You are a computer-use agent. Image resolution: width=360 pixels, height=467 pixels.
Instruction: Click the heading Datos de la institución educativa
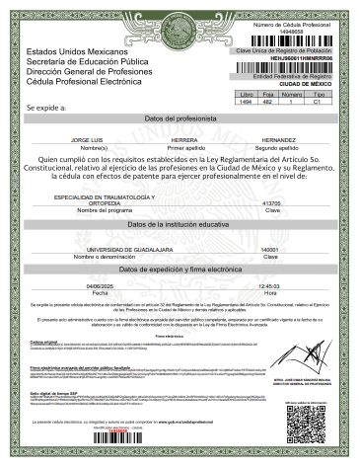tap(180, 226)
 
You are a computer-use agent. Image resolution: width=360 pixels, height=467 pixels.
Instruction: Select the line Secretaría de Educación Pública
tap(86, 61)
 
